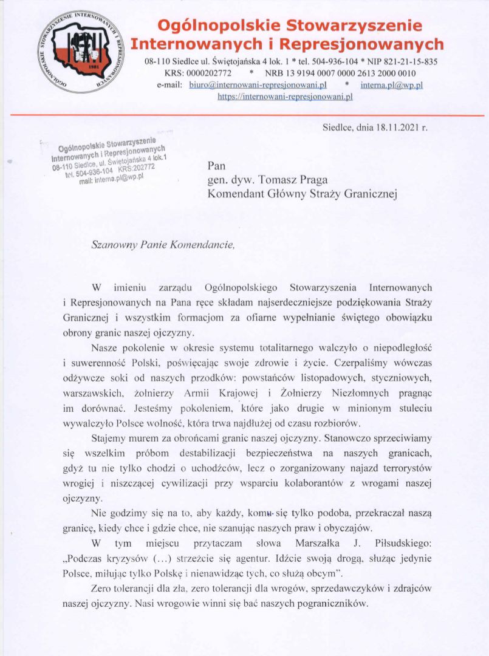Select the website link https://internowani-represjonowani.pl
[285, 96]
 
